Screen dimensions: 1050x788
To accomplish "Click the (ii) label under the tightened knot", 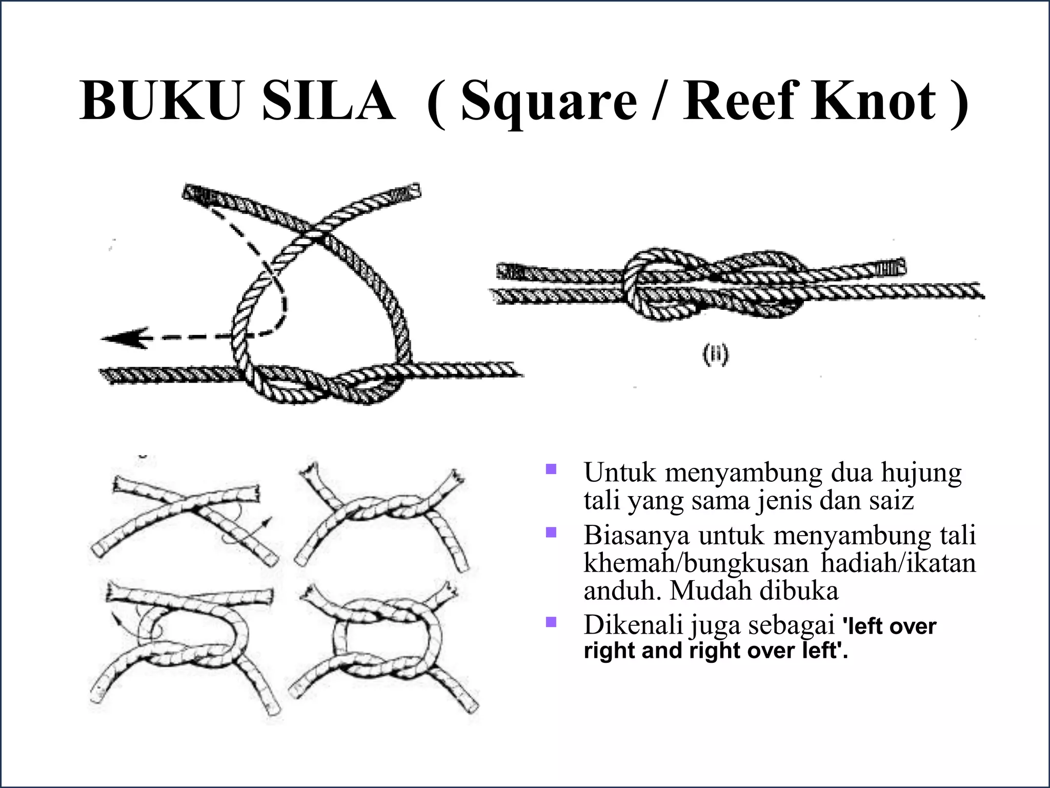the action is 715,356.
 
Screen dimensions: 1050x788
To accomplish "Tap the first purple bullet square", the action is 551,468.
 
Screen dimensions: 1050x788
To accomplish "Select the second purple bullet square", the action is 551,532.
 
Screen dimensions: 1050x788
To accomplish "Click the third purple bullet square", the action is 551,622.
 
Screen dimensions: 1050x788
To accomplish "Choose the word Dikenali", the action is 633,625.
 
